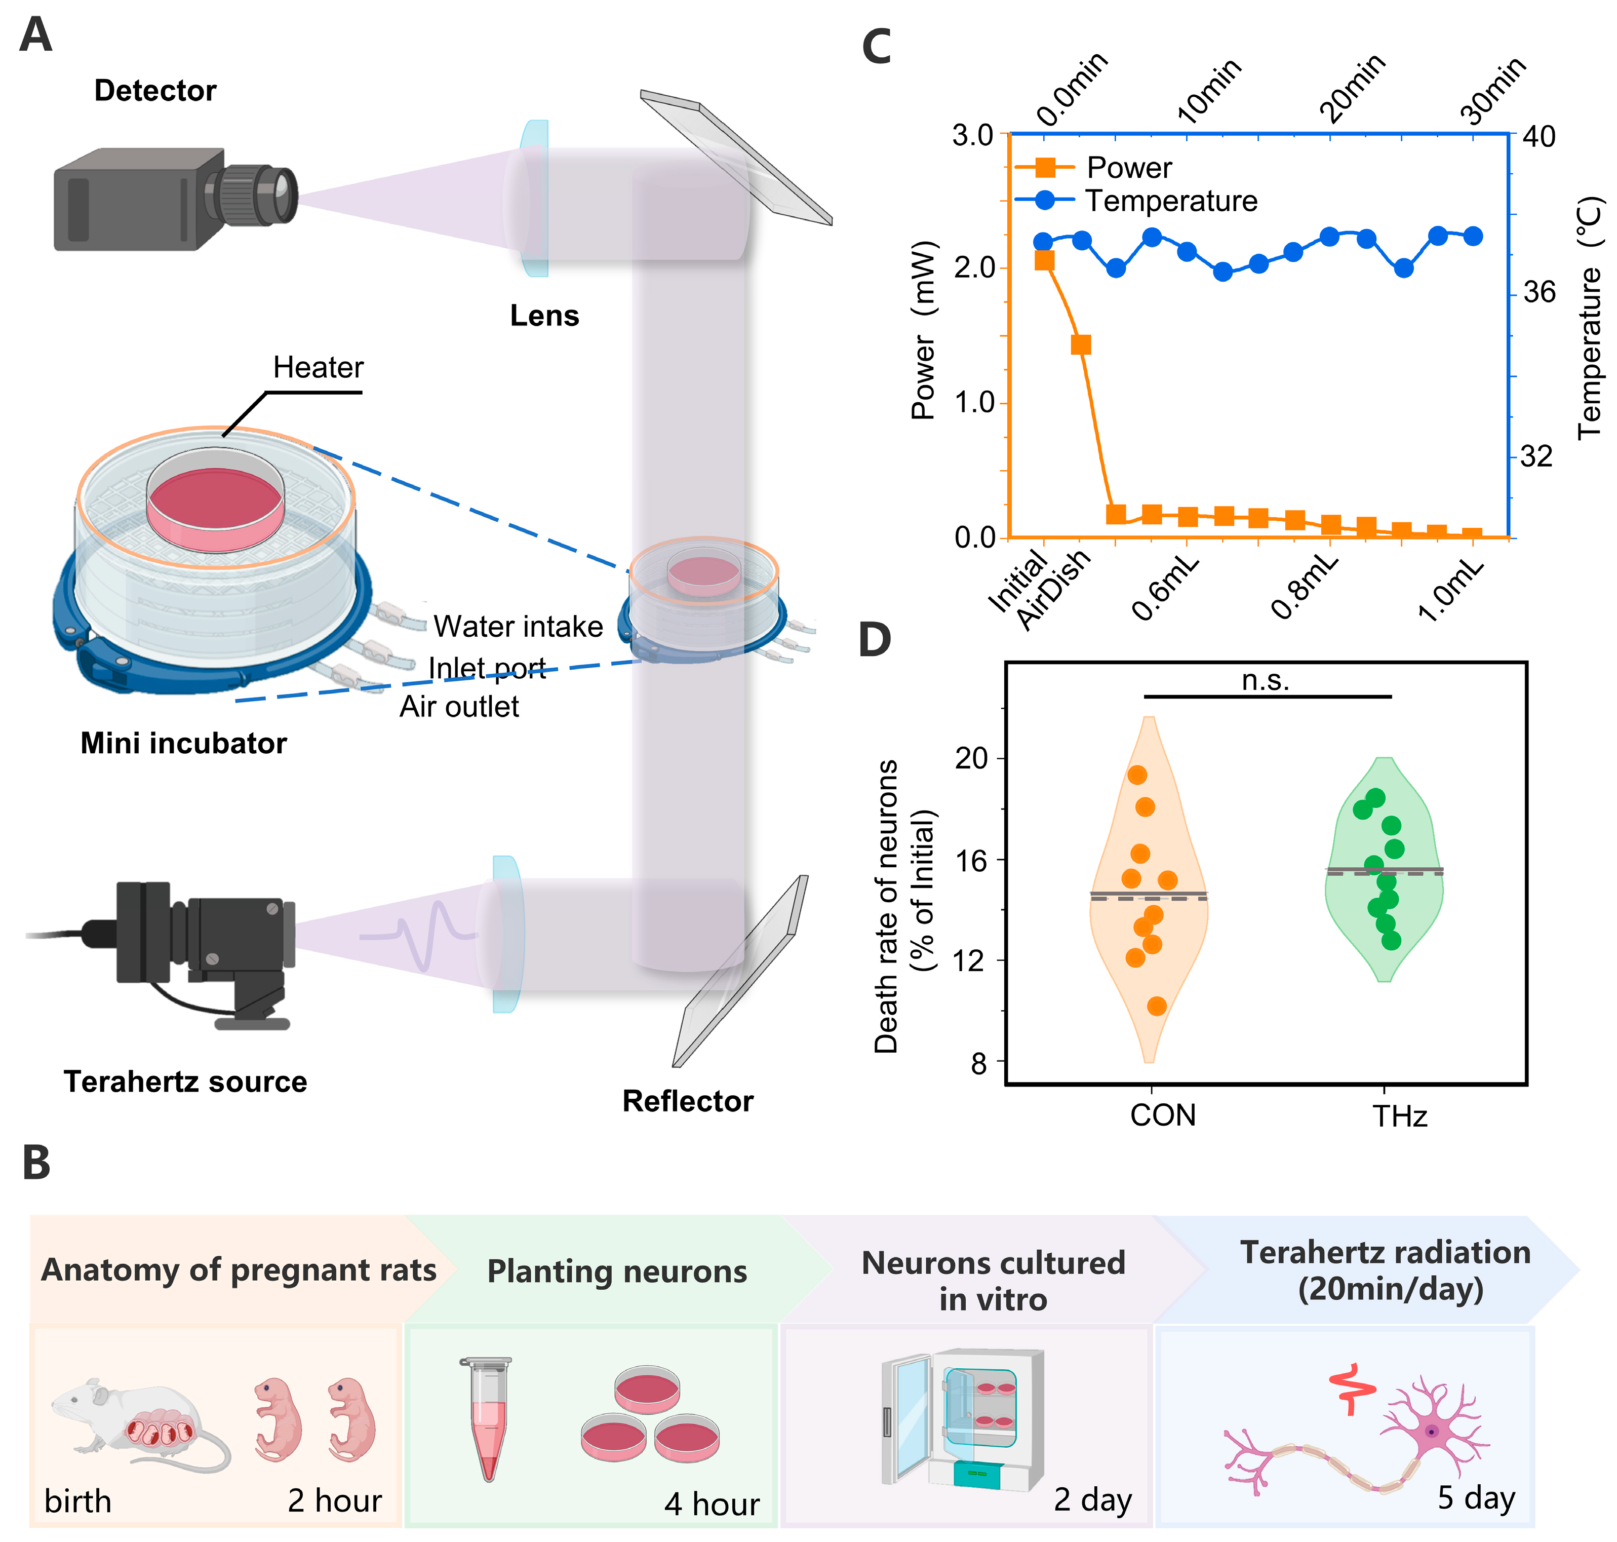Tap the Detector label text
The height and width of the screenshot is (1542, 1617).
click(x=155, y=90)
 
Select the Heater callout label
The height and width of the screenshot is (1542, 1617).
click(x=318, y=367)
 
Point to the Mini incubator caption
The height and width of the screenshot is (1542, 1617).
click(x=183, y=743)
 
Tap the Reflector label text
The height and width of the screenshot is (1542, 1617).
click(x=688, y=1101)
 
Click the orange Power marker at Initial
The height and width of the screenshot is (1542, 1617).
click(x=1044, y=260)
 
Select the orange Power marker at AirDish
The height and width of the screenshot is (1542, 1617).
click(x=1081, y=344)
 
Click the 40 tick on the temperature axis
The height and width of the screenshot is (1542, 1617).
click(x=1539, y=136)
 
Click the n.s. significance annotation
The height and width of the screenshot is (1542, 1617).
click(x=1266, y=681)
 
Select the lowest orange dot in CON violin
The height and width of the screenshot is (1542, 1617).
click(x=1156, y=1006)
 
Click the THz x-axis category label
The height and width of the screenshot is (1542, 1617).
click(x=1399, y=1116)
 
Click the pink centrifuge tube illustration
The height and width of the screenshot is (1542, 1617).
click(x=488, y=1418)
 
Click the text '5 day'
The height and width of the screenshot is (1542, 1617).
click(x=1476, y=1497)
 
